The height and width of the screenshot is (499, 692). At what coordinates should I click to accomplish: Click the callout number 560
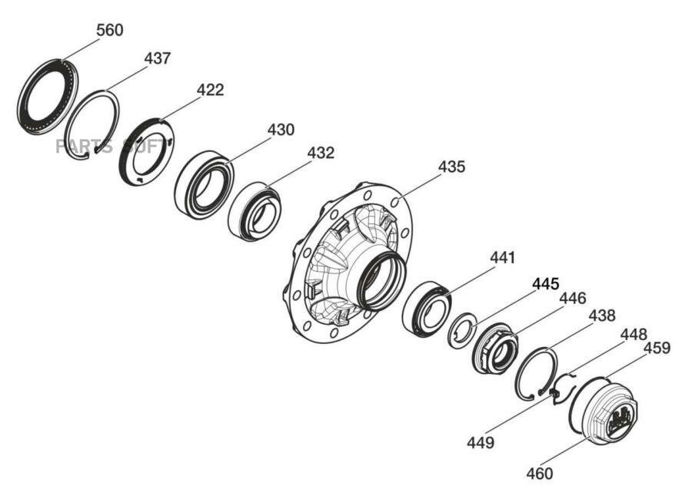coord(109,30)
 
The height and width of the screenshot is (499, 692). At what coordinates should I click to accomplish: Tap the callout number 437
coord(157,58)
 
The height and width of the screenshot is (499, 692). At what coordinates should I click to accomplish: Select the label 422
coord(209,90)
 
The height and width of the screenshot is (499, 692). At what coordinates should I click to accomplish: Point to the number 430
coord(280,130)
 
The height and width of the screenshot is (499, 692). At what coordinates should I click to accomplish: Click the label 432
coord(321,153)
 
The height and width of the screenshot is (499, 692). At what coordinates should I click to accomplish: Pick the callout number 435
coord(451,167)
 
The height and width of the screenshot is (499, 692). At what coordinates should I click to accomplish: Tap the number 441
coord(502,258)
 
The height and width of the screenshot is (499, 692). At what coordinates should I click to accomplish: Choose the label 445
coord(545,284)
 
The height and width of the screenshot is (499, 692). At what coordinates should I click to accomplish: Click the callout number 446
coord(572,298)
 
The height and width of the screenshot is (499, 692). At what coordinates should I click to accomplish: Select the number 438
coord(601,315)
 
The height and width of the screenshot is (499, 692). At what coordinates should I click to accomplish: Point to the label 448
coord(634,335)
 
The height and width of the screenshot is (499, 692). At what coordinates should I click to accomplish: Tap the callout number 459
coord(657,348)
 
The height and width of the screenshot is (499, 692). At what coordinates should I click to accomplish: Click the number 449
coord(480,443)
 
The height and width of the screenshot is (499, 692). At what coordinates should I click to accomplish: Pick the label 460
coord(539,474)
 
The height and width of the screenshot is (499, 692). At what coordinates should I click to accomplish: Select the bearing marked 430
coord(203,185)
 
